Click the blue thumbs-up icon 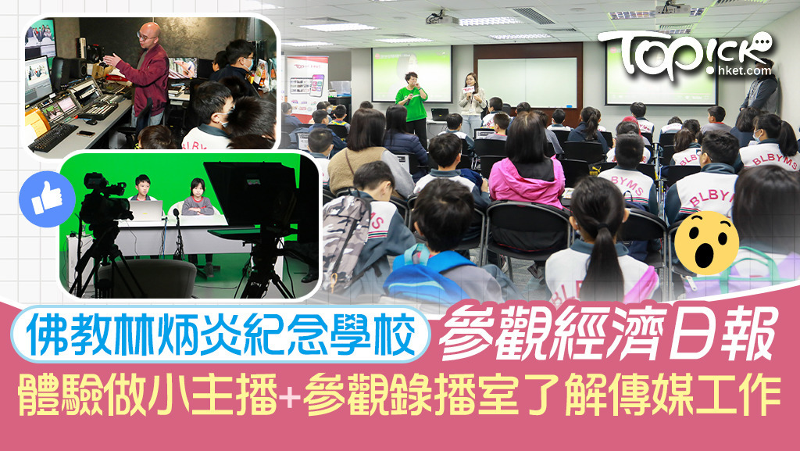click(x=47, y=199)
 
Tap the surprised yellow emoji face click(x=706, y=243)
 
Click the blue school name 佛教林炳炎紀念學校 click(x=221, y=334)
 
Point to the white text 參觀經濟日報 click(x=607, y=332)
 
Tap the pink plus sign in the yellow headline click(x=289, y=396)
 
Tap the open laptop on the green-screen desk click(x=146, y=210)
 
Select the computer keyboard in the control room click(x=53, y=137)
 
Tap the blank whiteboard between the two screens click(x=527, y=82)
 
